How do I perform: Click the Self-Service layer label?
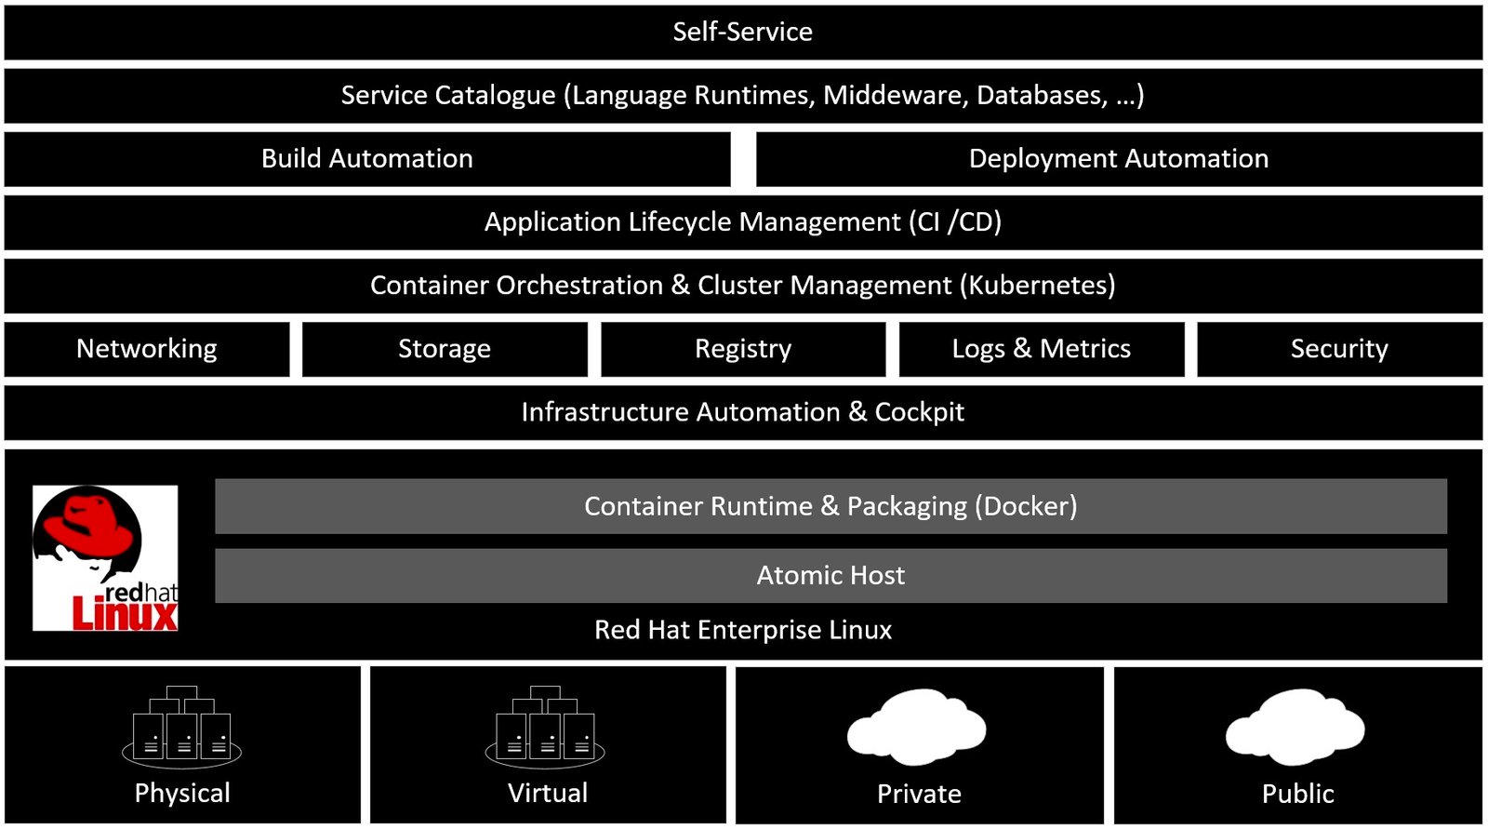(742, 32)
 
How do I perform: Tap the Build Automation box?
(366, 159)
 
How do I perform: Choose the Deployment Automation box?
(1118, 159)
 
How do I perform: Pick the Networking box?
(147, 349)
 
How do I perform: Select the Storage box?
(445, 349)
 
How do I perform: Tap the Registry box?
(742, 349)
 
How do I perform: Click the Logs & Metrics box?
(1041, 349)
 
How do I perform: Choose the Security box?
(1338, 349)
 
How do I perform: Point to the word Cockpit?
(919, 412)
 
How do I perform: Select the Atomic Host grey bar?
(830, 576)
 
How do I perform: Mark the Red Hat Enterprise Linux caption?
(742, 630)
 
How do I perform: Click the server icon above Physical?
(182, 727)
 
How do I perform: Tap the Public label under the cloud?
(1297, 794)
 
